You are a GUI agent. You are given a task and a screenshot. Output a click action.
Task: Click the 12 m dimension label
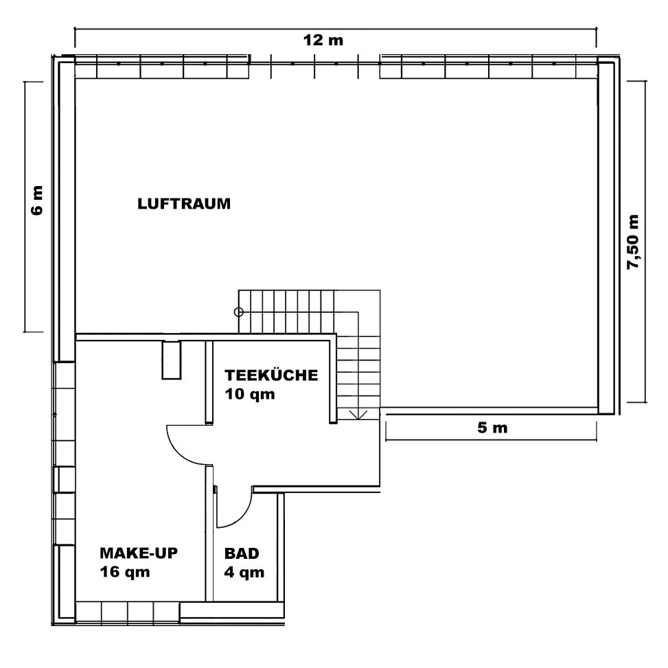click(323, 41)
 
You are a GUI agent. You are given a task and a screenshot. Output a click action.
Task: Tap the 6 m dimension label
click(38, 200)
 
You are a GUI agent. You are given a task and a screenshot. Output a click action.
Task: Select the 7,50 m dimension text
click(633, 242)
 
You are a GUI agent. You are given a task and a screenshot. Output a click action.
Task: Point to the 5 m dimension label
click(492, 427)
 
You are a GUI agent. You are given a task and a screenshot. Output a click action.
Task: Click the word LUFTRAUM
click(184, 204)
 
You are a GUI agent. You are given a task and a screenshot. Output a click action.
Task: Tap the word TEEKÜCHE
click(271, 375)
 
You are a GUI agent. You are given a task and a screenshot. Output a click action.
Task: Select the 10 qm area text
click(250, 395)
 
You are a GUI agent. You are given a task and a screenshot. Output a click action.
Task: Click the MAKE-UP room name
click(139, 553)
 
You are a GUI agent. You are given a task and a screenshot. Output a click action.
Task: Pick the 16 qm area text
click(125, 572)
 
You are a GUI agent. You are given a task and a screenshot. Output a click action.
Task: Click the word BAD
click(242, 553)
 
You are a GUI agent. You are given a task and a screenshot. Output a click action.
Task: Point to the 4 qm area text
click(244, 572)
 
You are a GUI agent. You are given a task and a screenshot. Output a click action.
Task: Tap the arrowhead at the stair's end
click(358, 415)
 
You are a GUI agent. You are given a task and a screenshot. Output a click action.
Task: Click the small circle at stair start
click(239, 312)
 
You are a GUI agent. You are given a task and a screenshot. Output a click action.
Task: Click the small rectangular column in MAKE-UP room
click(172, 360)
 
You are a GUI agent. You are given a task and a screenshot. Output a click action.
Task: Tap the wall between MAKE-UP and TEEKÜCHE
click(209, 382)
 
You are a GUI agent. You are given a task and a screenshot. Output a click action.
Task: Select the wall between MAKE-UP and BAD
click(209, 533)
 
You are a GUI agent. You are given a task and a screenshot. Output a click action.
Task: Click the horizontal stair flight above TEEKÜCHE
click(287, 312)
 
